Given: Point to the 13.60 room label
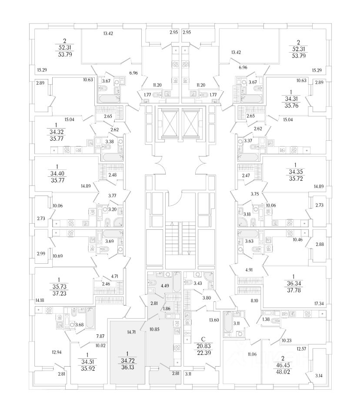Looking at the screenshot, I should (214, 320).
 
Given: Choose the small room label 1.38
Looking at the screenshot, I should (266, 319).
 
